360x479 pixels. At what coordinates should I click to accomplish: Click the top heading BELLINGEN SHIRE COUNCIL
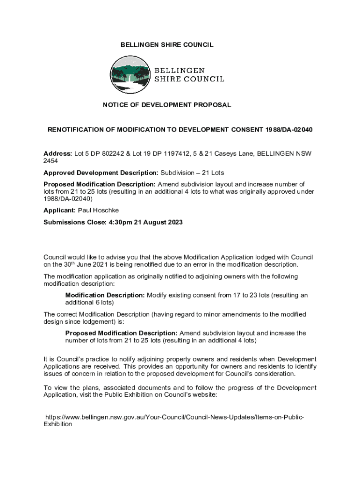point(167,45)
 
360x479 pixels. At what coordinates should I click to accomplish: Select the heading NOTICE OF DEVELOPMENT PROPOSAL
point(167,105)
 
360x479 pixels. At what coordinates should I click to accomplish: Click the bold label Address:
point(58,154)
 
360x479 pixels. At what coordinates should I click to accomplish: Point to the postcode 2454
point(50,161)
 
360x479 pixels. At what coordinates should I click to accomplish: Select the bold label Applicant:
point(59,210)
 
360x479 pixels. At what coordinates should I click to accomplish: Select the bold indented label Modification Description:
point(105,295)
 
